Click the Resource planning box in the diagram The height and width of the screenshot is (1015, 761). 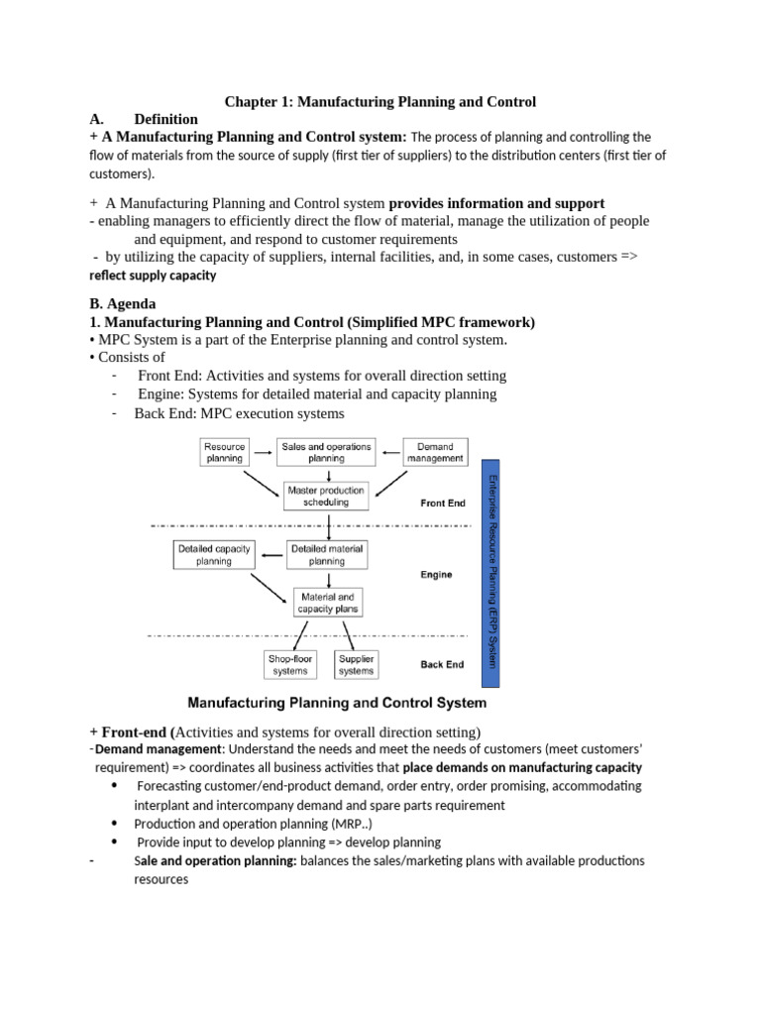(x=224, y=452)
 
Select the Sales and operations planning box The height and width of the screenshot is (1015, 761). (x=326, y=452)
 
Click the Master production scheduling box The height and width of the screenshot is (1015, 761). (x=325, y=496)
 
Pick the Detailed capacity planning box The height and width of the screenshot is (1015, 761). (x=213, y=554)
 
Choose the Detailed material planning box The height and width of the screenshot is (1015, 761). (x=326, y=554)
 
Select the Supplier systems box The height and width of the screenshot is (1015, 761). (x=356, y=664)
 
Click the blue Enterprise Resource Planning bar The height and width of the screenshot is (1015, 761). (x=489, y=573)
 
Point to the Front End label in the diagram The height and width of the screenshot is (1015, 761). (x=442, y=504)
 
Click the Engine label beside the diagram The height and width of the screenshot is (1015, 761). (x=436, y=575)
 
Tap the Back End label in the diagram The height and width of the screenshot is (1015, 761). (x=443, y=665)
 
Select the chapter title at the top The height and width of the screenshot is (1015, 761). (x=380, y=101)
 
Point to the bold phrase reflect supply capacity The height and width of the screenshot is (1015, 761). (x=152, y=276)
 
